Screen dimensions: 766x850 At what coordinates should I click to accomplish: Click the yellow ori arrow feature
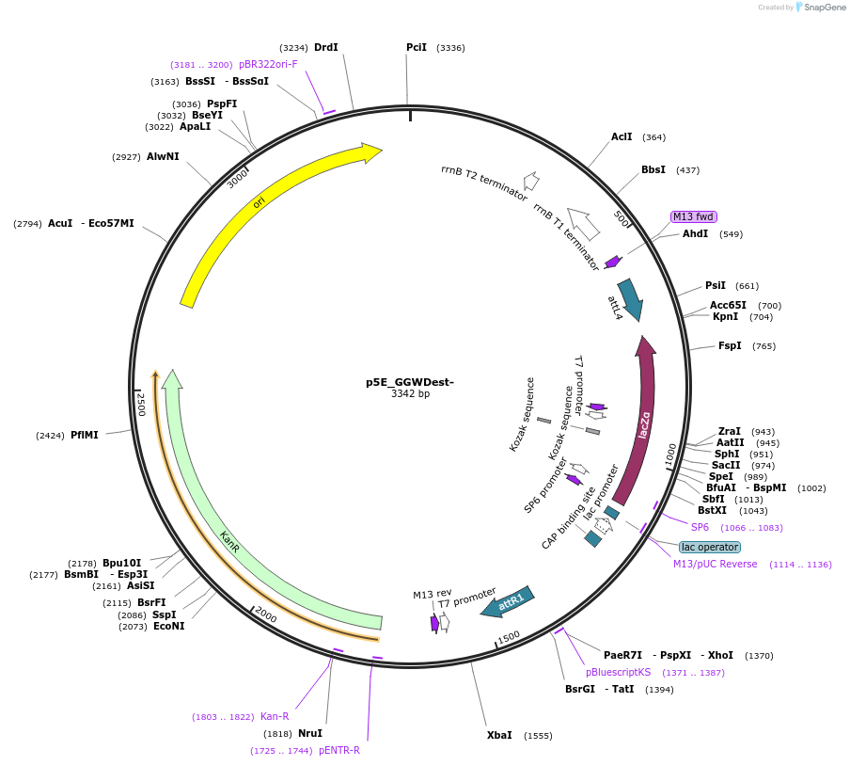pos(259,202)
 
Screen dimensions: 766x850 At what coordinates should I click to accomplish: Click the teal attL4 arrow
pos(629,299)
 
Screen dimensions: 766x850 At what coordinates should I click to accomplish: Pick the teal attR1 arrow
pos(508,602)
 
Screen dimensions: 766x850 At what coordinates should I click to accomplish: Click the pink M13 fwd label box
pos(693,216)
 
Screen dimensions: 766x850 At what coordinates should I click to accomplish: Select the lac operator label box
pos(710,547)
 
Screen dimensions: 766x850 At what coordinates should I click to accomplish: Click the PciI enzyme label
pos(417,47)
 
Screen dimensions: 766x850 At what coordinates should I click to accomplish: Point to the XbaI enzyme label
pos(499,735)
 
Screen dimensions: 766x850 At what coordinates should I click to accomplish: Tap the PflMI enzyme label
pos(84,435)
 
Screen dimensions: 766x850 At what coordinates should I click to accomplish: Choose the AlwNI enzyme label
pos(163,156)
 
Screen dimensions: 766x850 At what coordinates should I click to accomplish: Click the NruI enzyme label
pos(309,733)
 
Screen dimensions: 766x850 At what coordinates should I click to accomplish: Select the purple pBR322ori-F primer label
pos(268,64)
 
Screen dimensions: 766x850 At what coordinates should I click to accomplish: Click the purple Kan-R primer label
pos(275,716)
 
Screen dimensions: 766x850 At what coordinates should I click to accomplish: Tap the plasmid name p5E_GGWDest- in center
pos(410,382)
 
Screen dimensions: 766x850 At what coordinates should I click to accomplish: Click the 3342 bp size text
pos(410,393)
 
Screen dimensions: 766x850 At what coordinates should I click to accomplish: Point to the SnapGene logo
pos(820,8)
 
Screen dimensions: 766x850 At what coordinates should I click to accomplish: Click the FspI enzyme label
pos(730,345)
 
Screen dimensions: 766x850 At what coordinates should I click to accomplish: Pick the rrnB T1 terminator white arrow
pos(584,224)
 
